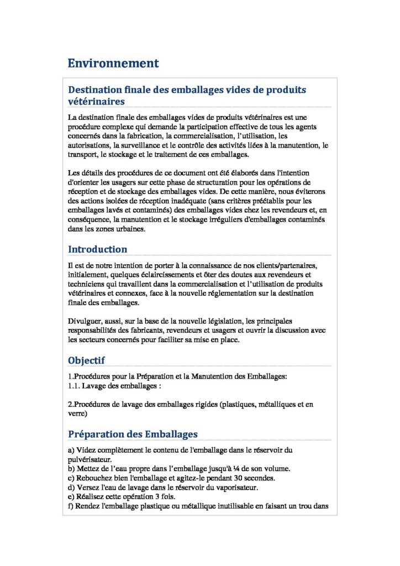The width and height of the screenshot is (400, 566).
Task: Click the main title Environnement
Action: (113, 64)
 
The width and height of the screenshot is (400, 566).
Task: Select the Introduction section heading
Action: (97, 249)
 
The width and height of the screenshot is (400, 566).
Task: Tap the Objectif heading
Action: (86, 360)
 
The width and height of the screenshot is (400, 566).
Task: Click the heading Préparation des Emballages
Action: (133, 434)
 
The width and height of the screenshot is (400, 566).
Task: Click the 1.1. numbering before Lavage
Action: (74, 386)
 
